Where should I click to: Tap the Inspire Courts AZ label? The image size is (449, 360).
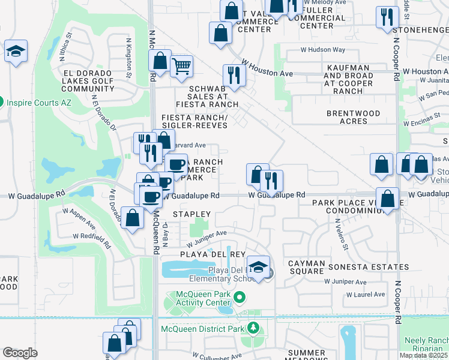39,103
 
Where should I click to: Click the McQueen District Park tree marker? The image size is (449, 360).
253,328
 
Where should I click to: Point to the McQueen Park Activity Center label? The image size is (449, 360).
203,298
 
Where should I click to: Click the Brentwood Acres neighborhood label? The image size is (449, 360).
354,117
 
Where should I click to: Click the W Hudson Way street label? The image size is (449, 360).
322,50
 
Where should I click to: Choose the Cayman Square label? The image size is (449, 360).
306,267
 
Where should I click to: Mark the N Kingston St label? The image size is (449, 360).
129,58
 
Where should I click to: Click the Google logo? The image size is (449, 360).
20,352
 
